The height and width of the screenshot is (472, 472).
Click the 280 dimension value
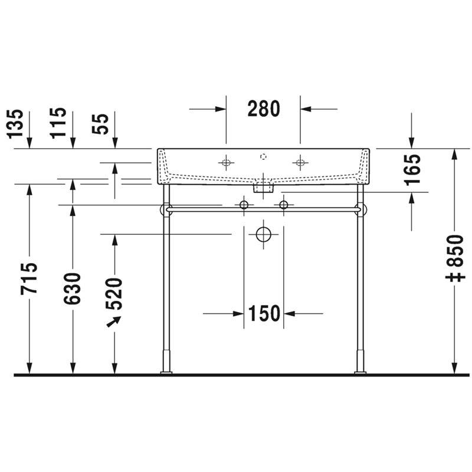click(x=264, y=109)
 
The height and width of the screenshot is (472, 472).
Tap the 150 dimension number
click(x=264, y=313)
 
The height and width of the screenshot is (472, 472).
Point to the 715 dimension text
click(x=29, y=278)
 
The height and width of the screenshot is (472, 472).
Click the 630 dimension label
click(x=72, y=289)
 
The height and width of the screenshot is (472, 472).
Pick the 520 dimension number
click(x=114, y=294)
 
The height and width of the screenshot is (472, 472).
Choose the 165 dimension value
click(x=412, y=170)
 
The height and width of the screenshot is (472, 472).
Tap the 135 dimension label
click(x=15, y=124)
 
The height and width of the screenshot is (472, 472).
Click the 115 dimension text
click(x=58, y=123)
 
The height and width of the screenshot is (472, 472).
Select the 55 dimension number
click(x=100, y=124)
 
